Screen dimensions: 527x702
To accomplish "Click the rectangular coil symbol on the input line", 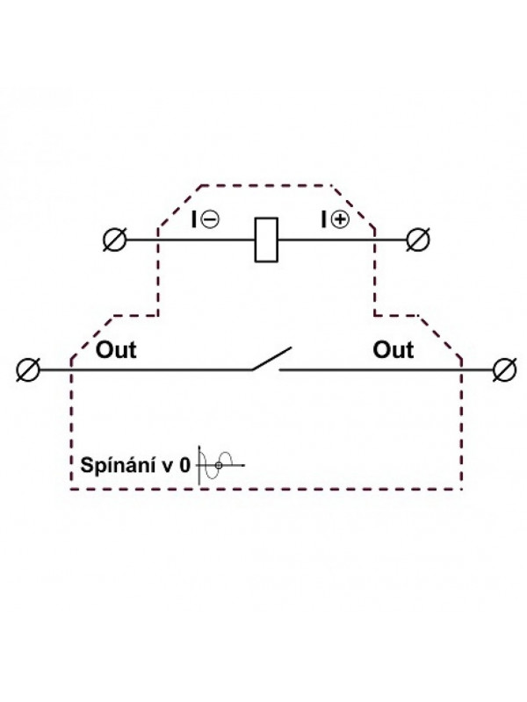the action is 266,240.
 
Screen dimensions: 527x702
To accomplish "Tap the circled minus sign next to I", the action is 210,219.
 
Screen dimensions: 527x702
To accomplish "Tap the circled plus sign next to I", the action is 340,219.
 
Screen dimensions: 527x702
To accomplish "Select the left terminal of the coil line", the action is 115,240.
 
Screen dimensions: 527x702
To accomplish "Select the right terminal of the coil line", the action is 418,240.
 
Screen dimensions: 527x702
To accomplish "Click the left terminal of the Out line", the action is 28,369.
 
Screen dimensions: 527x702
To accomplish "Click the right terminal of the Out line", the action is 504,369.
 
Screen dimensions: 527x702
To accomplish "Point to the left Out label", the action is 116,349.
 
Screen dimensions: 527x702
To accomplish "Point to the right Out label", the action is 393,349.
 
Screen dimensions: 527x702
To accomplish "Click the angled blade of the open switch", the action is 271,359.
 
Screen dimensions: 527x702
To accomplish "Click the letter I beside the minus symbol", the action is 193,219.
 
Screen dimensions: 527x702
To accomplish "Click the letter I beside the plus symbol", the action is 324,219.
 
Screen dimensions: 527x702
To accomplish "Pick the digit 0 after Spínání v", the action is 184,466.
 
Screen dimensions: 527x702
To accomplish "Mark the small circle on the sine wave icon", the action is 219,466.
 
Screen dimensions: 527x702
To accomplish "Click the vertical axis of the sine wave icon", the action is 199,465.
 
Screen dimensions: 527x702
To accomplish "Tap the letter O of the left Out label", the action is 105,349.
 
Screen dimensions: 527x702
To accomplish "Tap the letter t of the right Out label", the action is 408,350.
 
